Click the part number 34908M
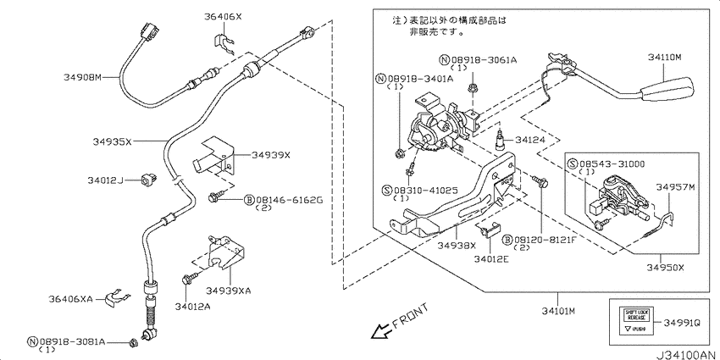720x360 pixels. (x=82, y=77)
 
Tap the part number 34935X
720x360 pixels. (x=112, y=142)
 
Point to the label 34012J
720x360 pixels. (x=105, y=180)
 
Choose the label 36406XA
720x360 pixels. (x=70, y=298)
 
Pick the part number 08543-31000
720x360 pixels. (x=612, y=163)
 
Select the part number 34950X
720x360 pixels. (x=666, y=266)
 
